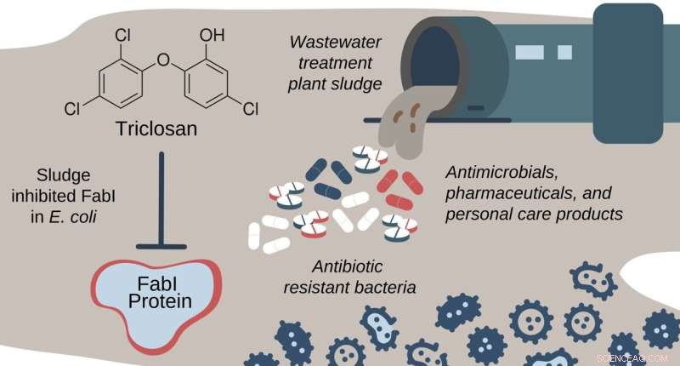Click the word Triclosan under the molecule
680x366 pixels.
(166, 131)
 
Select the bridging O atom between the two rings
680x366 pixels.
(164, 60)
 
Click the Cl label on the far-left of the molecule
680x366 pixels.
(73, 108)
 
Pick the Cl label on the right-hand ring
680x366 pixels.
(250, 108)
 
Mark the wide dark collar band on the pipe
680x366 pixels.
(627, 64)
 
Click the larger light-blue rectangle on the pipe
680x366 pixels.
(529, 53)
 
